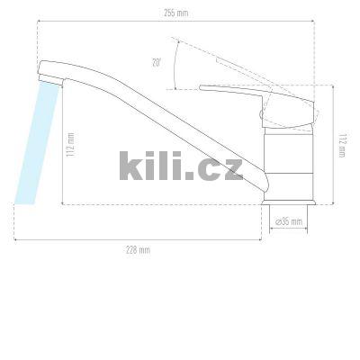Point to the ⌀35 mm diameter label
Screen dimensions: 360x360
click(x=288, y=220)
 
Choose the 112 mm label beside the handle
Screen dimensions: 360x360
click(x=343, y=144)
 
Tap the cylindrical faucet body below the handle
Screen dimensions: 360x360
click(x=286, y=162)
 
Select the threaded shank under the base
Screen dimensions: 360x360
click(x=287, y=209)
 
